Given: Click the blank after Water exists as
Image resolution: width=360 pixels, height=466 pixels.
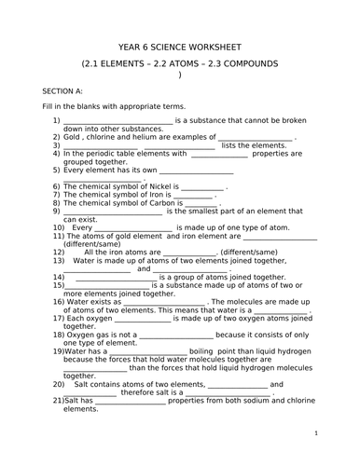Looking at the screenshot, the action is pos(165,302).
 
